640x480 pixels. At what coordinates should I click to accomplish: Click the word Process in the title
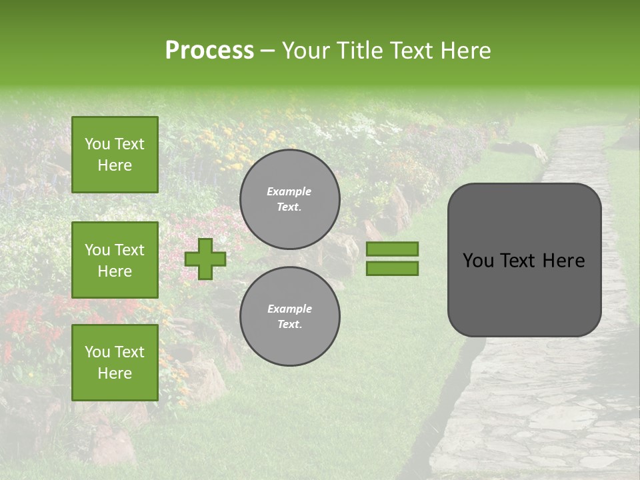coord(209,51)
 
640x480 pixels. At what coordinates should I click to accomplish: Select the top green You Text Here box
coord(115,155)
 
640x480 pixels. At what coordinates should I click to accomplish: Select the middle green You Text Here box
coord(115,260)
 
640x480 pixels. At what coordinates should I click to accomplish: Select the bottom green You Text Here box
coord(115,363)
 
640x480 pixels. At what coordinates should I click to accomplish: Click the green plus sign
coord(205,259)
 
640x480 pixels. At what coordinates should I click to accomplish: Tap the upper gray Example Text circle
coord(289,199)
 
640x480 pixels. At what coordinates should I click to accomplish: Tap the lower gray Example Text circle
coord(289,316)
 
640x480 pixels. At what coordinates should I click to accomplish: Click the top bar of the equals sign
coord(392,249)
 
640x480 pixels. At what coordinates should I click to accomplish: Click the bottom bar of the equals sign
coord(392,269)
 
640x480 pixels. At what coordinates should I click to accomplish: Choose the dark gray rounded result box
coord(524,260)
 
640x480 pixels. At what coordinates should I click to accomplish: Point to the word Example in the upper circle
coord(289,191)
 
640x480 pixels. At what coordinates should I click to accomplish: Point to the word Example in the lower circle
coord(289,309)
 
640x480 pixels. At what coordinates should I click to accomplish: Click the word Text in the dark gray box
coord(524,261)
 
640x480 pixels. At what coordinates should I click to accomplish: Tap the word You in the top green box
coord(96,144)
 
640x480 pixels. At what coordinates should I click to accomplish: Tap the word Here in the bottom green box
coord(115,373)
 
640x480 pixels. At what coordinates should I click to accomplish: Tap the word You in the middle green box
coord(96,250)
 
